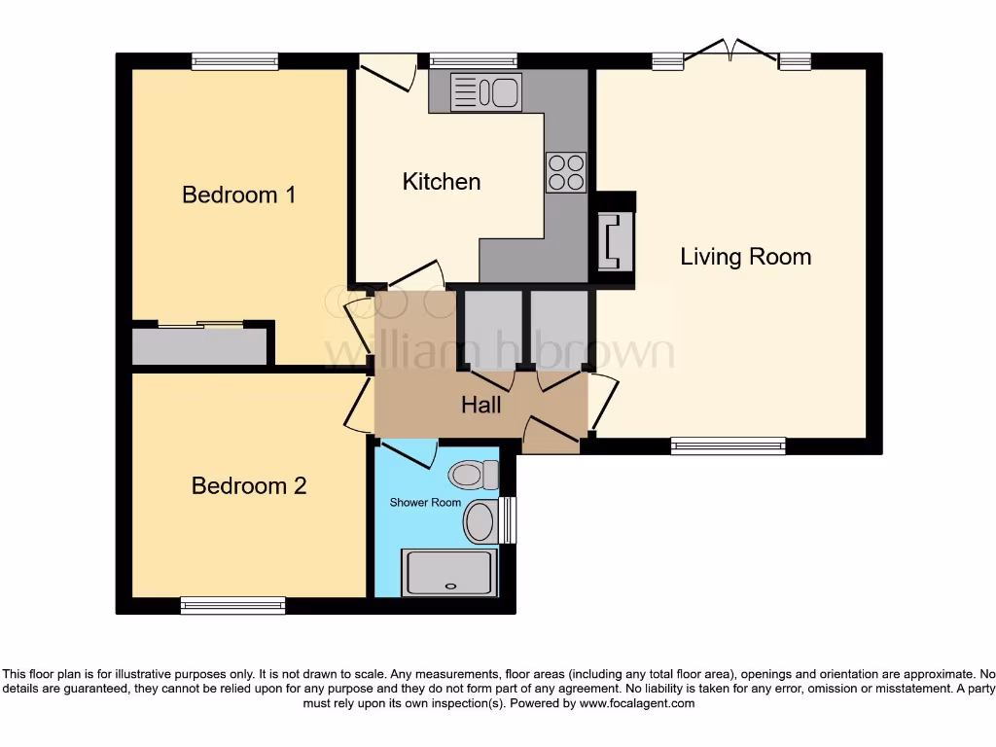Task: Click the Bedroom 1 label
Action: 238,195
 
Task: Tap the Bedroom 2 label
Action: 249,485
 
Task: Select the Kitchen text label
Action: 442,182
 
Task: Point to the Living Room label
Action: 745,257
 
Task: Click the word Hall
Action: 481,404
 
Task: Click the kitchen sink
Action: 486,92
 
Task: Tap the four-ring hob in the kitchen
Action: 566,172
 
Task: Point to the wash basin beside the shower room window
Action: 480,522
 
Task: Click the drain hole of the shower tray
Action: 449,587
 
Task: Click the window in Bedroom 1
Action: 234,61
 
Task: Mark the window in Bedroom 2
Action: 233,605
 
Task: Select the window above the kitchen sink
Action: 474,61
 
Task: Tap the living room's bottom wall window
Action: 728,445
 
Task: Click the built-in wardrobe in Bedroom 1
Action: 199,346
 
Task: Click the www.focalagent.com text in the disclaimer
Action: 637,703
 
